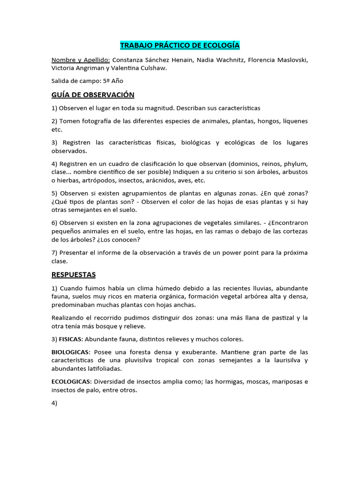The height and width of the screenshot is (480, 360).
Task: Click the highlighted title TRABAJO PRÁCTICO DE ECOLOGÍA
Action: pos(180,45)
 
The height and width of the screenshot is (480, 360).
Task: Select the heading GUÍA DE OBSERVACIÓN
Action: pos(93,95)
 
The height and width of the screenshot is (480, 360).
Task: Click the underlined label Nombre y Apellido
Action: pos(81,60)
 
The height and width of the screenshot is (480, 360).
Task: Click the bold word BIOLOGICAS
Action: pos(71,352)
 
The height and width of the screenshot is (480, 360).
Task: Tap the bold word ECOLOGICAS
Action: pos(71,382)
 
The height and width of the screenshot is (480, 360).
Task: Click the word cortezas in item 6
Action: pos(293,231)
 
